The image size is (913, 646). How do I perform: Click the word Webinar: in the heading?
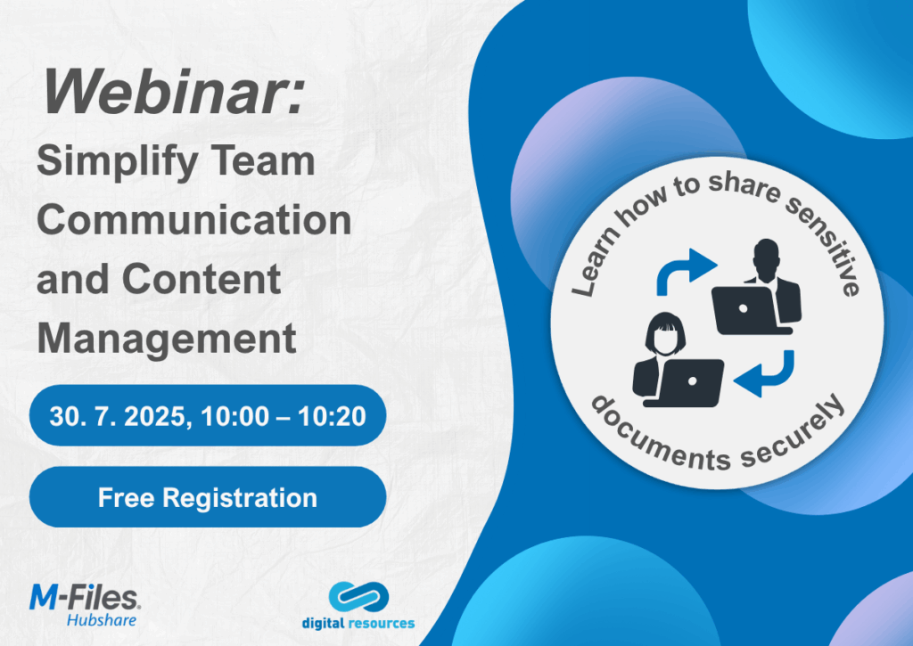tap(174, 93)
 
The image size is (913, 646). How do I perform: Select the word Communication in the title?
tap(193, 220)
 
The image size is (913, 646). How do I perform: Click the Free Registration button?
tap(208, 497)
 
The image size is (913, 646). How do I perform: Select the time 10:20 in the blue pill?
tap(332, 417)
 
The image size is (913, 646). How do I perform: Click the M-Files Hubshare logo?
tap(85, 606)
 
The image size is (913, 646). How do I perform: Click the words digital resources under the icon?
tap(358, 624)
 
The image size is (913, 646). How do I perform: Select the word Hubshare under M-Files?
tap(102, 620)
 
